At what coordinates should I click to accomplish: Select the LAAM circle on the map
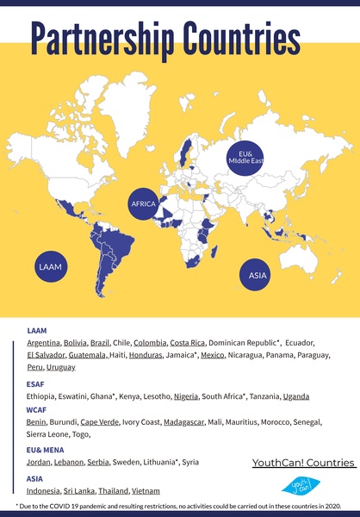tap(49, 268)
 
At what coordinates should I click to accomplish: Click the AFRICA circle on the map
tap(143, 203)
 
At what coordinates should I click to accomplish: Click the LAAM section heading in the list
tap(37, 330)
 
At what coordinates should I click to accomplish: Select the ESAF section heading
tap(36, 383)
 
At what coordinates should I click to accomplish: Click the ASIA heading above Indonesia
tap(35, 477)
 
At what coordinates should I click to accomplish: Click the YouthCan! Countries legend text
tap(304, 463)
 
